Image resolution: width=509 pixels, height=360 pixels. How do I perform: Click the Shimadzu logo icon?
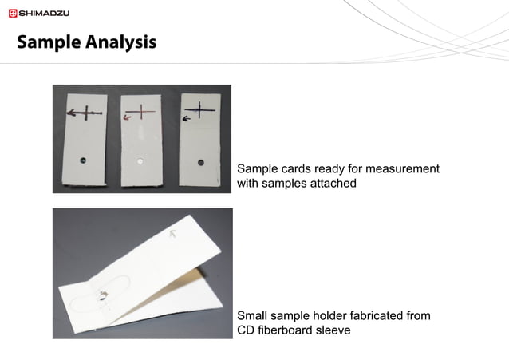(13, 14)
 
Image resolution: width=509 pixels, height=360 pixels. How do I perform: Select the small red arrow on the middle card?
(128, 117)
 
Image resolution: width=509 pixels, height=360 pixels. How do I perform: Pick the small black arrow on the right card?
(186, 118)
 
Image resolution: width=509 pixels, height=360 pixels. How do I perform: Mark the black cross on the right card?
(199, 109)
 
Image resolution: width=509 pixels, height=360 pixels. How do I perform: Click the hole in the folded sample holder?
(103, 296)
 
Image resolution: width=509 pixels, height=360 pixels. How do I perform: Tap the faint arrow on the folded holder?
(174, 234)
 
